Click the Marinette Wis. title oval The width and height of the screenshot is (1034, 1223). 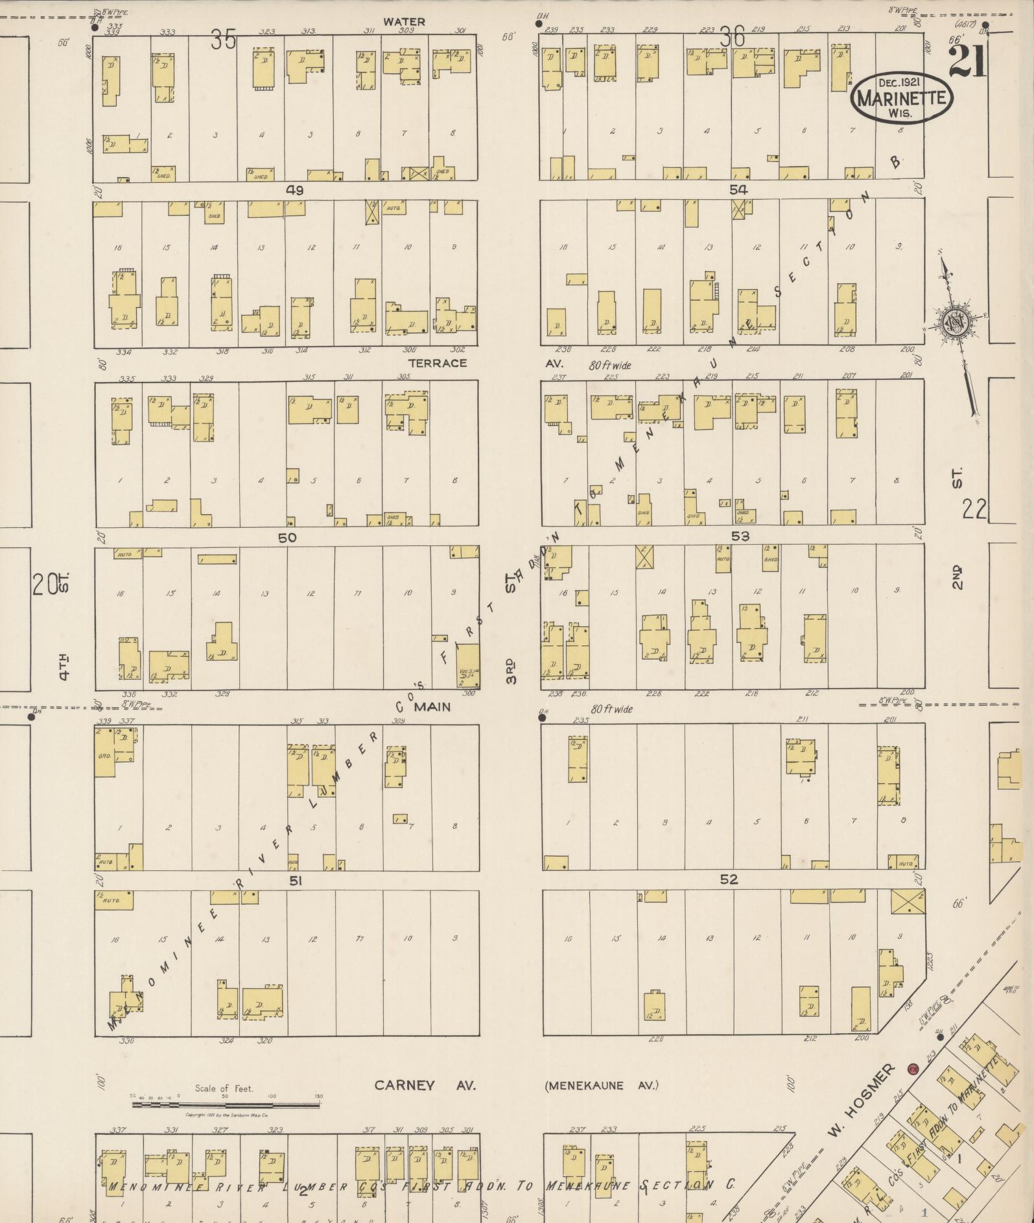click(x=901, y=98)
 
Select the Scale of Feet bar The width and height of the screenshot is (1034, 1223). click(x=226, y=1104)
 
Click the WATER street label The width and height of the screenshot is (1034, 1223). click(x=404, y=22)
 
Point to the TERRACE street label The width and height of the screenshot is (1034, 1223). click(x=438, y=363)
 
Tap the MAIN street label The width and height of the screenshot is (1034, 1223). click(x=432, y=707)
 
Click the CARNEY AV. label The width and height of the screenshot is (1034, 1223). click(x=425, y=1086)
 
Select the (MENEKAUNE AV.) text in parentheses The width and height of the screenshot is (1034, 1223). click(x=601, y=1086)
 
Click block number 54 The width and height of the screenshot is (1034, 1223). click(x=738, y=190)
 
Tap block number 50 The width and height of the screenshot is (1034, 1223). click(x=287, y=538)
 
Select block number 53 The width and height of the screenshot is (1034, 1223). click(x=740, y=536)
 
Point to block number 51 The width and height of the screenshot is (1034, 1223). click(x=296, y=881)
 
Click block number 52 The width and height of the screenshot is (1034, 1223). click(x=729, y=879)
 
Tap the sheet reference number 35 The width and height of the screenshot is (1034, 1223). click(x=222, y=40)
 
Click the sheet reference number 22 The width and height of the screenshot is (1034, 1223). click(x=974, y=509)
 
